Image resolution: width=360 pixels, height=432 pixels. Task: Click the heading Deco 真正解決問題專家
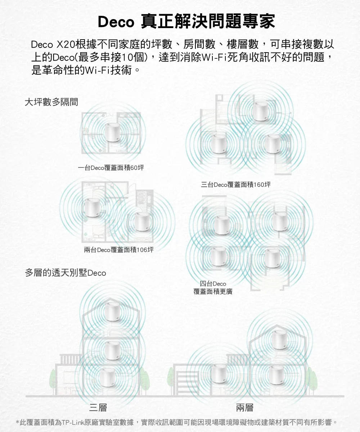186,21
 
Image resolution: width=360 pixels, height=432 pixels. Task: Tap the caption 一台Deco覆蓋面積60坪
111,168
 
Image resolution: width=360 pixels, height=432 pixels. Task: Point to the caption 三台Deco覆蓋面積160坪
235,185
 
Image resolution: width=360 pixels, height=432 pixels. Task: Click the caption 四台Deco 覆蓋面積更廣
213,288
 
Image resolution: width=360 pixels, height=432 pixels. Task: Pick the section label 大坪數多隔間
51,102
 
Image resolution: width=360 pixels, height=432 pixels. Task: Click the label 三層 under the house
98,408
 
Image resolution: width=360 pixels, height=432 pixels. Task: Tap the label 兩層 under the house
245,408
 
